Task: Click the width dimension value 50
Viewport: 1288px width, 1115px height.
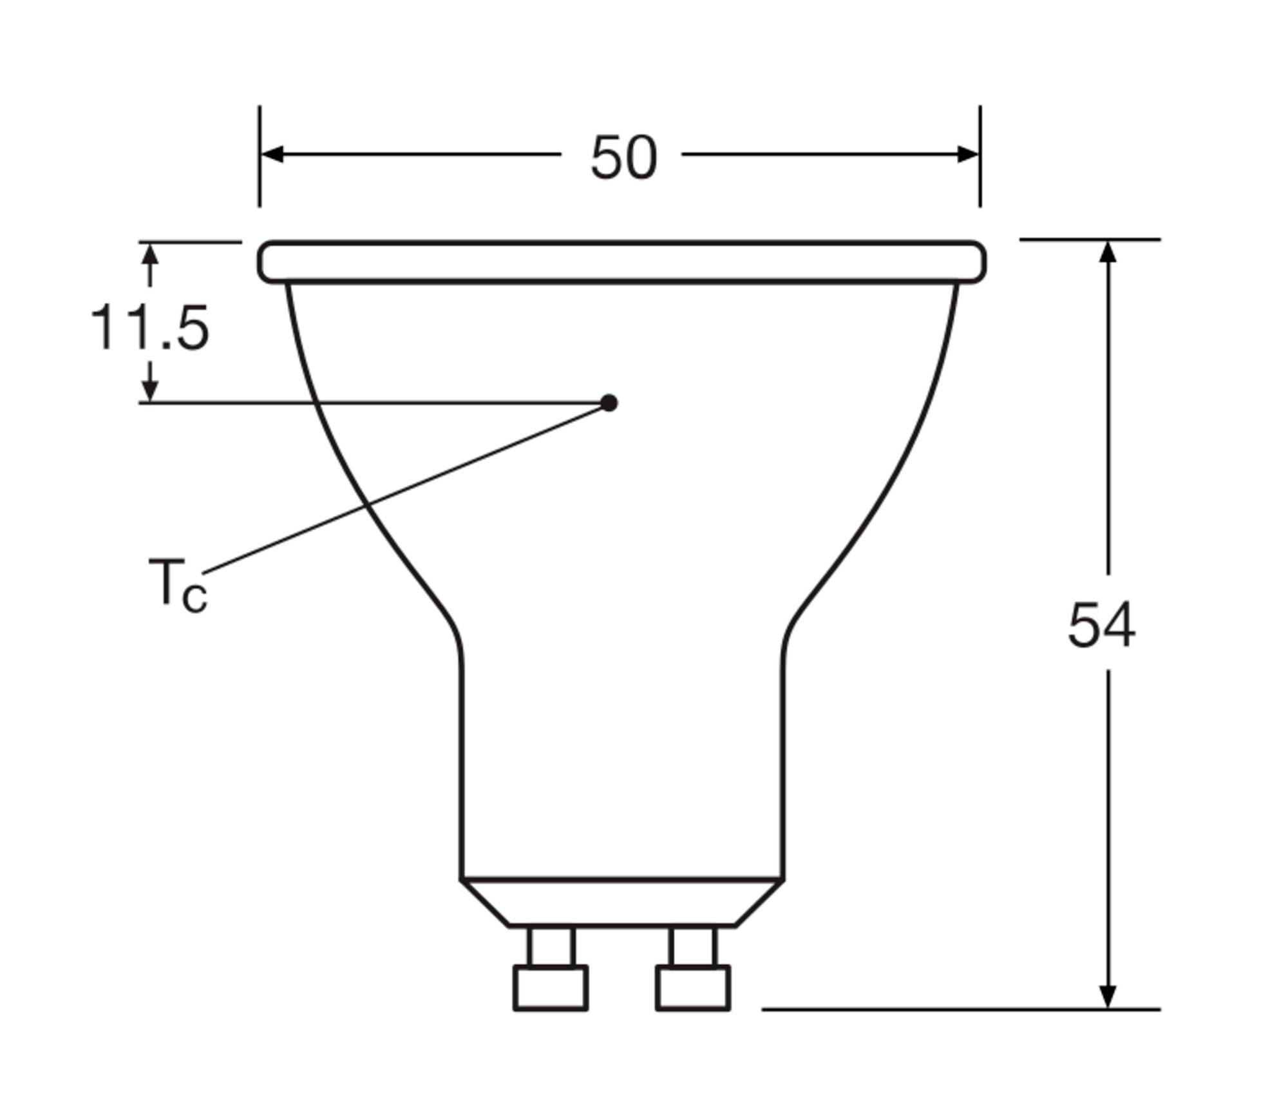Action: [623, 158]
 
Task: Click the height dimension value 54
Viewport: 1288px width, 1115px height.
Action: [1101, 625]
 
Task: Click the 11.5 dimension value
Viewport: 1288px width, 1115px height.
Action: [149, 328]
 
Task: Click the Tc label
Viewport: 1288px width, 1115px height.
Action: [177, 585]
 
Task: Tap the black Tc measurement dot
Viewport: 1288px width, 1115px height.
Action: [609, 403]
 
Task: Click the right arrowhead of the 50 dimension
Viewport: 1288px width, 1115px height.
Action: [968, 155]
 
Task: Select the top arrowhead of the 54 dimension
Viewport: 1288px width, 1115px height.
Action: [1108, 251]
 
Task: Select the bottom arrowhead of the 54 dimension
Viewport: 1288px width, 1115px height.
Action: [1108, 996]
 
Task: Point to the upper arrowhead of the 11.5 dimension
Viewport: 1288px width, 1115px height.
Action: [150, 254]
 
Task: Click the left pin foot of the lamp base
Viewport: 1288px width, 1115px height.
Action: [551, 987]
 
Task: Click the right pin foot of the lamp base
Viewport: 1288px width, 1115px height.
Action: [693, 987]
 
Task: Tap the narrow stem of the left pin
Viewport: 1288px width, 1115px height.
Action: [551, 946]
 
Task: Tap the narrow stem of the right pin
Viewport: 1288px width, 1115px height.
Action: [693, 946]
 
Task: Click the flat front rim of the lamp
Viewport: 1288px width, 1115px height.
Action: [622, 262]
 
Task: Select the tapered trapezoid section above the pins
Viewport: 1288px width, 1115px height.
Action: [622, 902]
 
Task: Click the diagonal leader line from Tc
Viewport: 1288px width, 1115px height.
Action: [406, 488]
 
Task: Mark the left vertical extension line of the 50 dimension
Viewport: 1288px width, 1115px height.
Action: [260, 187]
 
